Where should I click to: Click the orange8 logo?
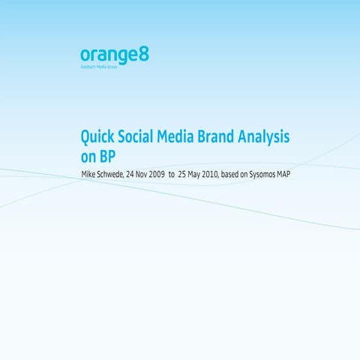coord(103,55)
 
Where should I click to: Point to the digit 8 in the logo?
coord(123,55)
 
